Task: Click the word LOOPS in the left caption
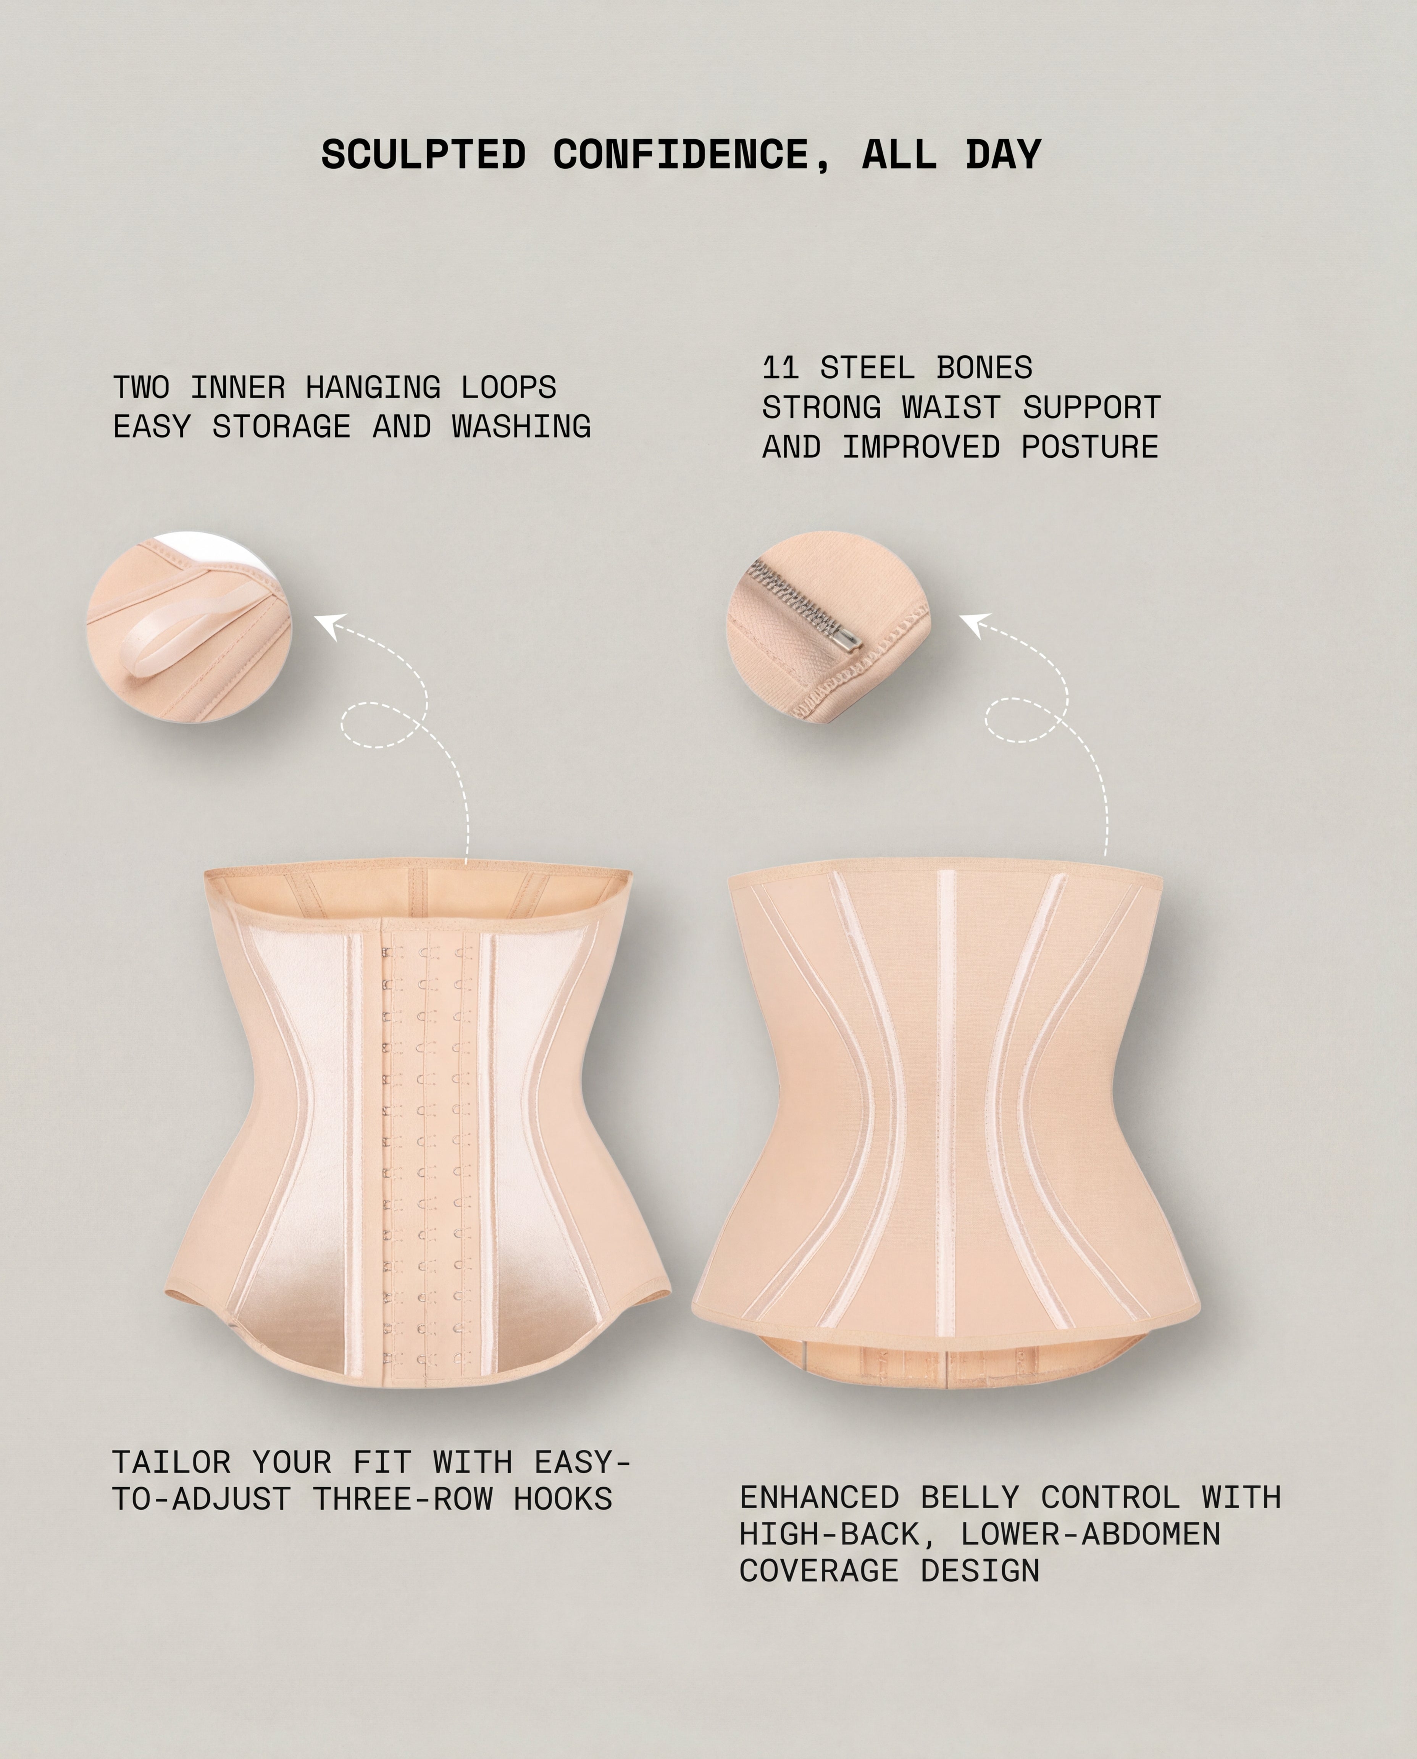[x=508, y=387]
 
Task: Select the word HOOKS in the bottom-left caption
[x=563, y=1499]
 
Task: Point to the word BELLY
[x=970, y=1497]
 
